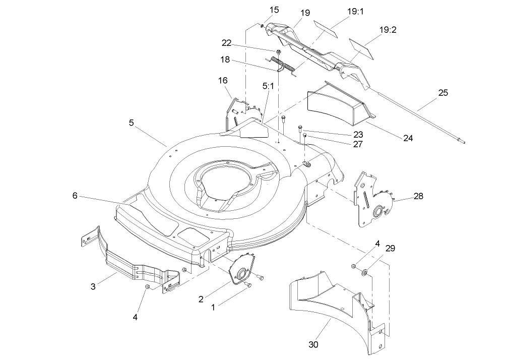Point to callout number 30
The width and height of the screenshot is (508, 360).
click(x=313, y=345)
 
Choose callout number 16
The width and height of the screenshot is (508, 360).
click(x=223, y=80)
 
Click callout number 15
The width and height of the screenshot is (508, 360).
click(x=274, y=10)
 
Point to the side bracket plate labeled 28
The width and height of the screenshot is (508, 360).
click(x=370, y=199)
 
